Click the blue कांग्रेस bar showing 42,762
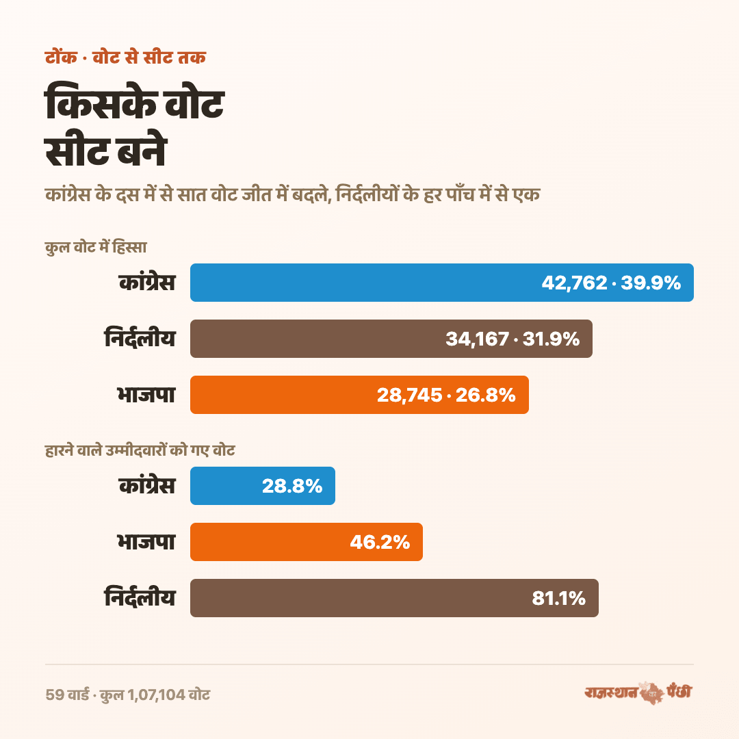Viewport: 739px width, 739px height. pyautogui.click(x=441, y=283)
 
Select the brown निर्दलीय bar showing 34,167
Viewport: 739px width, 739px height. pyautogui.click(x=391, y=339)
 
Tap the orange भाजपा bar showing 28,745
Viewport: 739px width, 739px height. pyautogui.click(x=360, y=395)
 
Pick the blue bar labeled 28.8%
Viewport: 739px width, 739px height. pyautogui.click(x=263, y=485)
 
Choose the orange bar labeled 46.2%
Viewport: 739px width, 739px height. pyautogui.click(x=307, y=541)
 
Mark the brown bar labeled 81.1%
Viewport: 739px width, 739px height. pyautogui.click(x=395, y=597)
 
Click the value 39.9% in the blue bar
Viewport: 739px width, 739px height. pyautogui.click(x=651, y=283)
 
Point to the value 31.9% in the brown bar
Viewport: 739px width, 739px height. pyautogui.click(x=551, y=339)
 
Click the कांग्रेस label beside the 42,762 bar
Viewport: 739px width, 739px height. pyautogui.click(x=147, y=283)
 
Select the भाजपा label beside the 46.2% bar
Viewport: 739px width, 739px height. pyautogui.click(x=146, y=541)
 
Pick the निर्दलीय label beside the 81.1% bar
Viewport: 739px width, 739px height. pyautogui.click(x=140, y=597)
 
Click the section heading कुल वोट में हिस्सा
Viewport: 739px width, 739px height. pyautogui.click(x=96, y=247)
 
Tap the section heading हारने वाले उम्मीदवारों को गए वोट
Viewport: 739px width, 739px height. pyautogui.click(x=140, y=450)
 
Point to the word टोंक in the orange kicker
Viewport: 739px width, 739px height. pyautogui.click(x=61, y=57)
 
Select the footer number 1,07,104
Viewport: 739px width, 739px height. pyautogui.click(x=156, y=695)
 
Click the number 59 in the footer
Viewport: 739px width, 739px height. pyautogui.click(x=55, y=695)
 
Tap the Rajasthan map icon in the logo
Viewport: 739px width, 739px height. pyautogui.click(x=652, y=693)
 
